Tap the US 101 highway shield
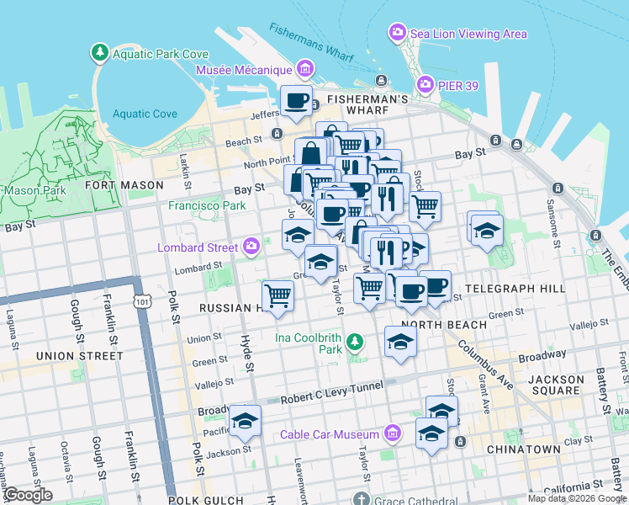coord(140,300)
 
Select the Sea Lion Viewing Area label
coord(468,34)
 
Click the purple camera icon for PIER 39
coord(426,85)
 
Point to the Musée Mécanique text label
coord(244,70)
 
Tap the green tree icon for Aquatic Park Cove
coord(100,54)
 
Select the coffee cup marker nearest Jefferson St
coord(296,102)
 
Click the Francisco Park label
coord(207,205)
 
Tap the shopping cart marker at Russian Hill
coord(277,296)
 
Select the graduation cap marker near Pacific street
coord(245,423)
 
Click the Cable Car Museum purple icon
coord(391,434)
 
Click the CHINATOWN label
coord(523,449)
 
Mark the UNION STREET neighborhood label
coord(79,356)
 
